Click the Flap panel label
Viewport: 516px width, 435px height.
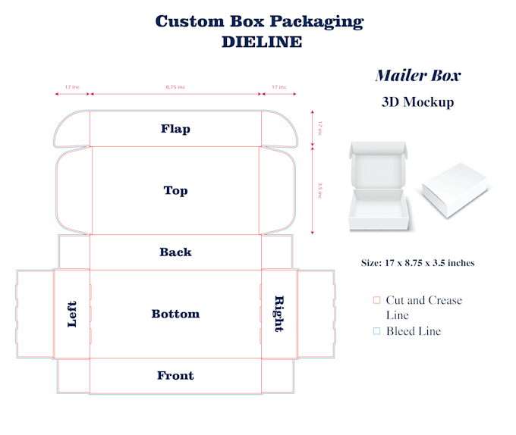(175, 129)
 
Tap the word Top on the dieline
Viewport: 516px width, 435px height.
(176, 190)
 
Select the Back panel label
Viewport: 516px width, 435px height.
(175, 252)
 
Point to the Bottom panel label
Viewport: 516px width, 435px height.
(175, 314)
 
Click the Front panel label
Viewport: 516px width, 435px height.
(175, 375)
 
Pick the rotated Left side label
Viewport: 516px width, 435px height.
(72, 314)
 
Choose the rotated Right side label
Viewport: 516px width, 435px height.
(279, 314)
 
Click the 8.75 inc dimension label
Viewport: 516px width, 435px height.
(175, 87)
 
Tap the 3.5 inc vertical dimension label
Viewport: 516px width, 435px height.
(320, 190)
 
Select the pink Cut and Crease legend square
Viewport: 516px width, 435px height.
(377, 300)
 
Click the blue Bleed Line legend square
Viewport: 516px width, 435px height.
(377, 331)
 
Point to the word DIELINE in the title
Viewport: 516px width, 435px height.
(262, 42)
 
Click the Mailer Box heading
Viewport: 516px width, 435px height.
(418, 75)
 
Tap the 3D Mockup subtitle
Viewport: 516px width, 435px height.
(418, 102)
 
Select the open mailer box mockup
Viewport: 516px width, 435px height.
(379, 186)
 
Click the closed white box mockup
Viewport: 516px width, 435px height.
(455, 190)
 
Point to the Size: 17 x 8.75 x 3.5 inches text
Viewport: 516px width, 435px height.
(418, 263)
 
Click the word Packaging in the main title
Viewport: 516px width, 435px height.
(317, 22)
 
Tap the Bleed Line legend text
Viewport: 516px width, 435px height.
(414, 331)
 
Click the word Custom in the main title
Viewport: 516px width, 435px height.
(190, 21)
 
